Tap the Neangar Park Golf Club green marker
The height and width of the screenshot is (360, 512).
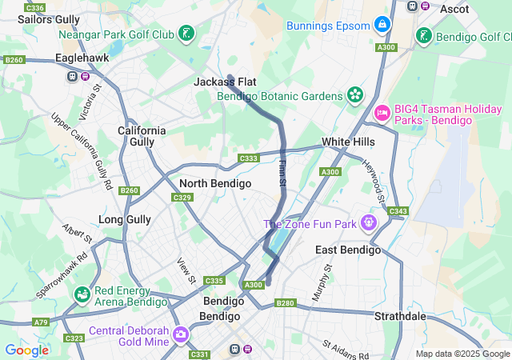point(186,34)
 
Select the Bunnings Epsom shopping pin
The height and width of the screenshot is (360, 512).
point(383,24)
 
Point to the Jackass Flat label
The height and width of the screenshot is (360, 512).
point(218,82)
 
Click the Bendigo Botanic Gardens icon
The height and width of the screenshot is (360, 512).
point(354,95)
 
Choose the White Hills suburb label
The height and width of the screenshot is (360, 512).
point(348,142)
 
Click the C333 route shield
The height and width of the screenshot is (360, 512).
point(249,158)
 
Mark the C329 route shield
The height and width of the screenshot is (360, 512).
point(182,198)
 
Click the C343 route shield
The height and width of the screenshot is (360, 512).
point(397,211)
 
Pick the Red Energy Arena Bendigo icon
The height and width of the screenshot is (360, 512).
point(82,295)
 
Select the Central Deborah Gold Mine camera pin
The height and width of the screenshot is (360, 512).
point(180,332)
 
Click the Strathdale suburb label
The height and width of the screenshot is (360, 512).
point(400,316)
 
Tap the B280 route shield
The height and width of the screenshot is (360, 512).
point(286,303)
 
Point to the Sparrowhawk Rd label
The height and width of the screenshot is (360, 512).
point(60,277)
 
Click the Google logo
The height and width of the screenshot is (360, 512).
point(26,350)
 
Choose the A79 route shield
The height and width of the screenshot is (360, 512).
point(41,322)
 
